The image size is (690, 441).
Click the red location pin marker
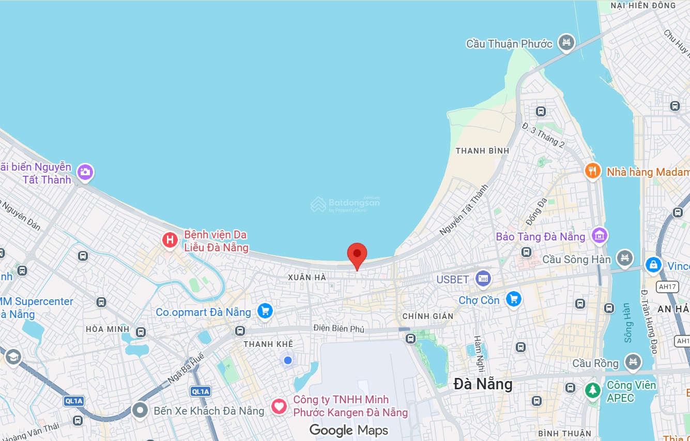(357, 254)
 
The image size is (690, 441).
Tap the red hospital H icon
(170, 240)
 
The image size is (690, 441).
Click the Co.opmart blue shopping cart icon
(265, 311)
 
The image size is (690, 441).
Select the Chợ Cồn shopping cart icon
(513, 299)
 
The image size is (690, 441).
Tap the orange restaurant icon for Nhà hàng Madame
(593, 171)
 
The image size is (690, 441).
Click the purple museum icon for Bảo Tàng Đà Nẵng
(600, 236)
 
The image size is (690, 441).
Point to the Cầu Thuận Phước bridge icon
(567, 43)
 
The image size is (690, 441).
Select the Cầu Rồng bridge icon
(633, 363)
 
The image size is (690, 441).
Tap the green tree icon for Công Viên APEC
(593, 390)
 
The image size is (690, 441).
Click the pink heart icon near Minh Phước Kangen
(279, 406)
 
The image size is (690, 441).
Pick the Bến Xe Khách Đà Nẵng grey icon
(140, 410)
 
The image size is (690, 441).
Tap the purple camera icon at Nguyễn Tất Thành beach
(85, 172)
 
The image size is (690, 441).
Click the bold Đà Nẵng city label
(483, 384)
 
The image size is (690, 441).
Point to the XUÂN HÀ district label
(307, 278)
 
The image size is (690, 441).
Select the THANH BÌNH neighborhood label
(482, 150)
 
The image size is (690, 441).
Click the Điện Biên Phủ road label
(339, 328)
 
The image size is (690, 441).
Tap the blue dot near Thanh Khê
(288, 360)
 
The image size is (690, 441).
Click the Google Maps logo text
(348, 430)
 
